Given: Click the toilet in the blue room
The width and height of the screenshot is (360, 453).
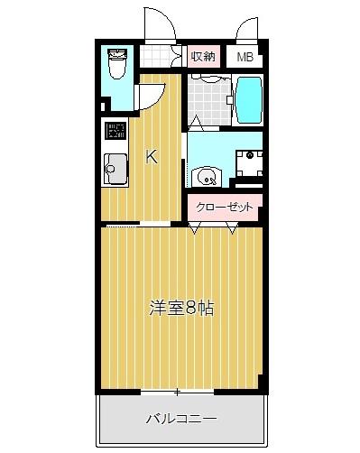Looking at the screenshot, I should (115, 64).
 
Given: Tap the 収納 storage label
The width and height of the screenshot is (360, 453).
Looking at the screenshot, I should (204, 56).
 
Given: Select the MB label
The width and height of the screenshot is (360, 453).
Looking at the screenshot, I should (245, 57).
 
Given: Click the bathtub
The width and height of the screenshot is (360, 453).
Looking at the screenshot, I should (248, 100).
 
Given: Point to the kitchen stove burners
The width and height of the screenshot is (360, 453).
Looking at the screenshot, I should (114, 131).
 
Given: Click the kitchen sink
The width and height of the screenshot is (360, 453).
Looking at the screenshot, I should (115, 167).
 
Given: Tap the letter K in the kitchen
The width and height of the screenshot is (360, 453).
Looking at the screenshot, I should (152, 157).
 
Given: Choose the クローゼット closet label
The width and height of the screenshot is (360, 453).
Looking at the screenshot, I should (225, 207).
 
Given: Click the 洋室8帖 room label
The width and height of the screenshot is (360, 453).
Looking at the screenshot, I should (180, 308).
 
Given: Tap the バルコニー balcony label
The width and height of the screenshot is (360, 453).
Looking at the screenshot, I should (180, 419).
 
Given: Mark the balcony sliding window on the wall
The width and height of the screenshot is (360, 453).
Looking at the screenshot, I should (178, 392).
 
